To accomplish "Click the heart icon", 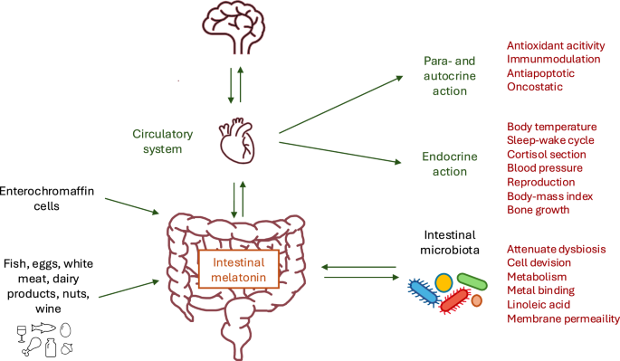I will click(237, 140).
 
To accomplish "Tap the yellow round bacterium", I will click(444, 282).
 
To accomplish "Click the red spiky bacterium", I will click(455, 300).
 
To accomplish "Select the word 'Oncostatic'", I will click(534, 86).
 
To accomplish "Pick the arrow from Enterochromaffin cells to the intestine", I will click(130, 205).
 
